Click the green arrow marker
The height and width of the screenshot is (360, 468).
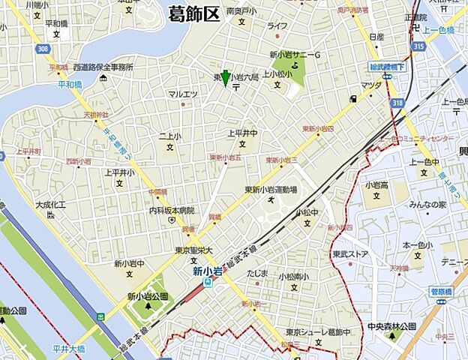[225, 78]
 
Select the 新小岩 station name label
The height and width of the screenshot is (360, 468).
[206, 271]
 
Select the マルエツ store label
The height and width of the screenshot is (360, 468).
[182, 94]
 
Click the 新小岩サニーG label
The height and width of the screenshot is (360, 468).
[295, 55]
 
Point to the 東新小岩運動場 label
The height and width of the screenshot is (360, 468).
[271, 190]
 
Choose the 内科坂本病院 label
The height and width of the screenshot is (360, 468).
[171, 211]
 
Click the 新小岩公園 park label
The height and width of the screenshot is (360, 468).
[146, 295]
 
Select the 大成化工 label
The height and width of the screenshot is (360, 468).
[51, 204]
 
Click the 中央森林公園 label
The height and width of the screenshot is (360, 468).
[391, 326]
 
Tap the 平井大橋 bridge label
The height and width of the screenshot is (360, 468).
[69, 348]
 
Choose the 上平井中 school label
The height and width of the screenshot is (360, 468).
[242, 133]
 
